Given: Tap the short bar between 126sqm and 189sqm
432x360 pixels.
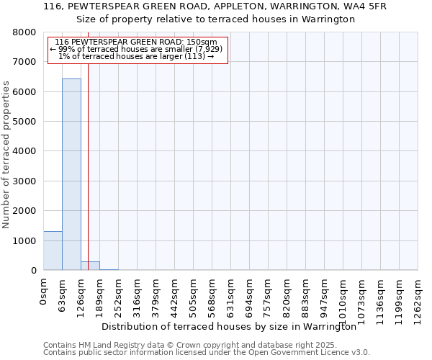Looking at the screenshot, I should click(x=90, y=266).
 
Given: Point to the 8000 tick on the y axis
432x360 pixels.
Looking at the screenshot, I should click(x=25, y=32).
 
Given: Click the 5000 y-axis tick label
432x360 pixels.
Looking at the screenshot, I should click(x=25, y=122).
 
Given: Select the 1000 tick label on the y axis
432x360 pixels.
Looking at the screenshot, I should click(x=25, y=240).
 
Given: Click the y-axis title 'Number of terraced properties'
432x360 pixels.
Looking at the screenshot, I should click(x=6, y=154).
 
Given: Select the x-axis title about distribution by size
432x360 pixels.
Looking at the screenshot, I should click(x=229, y=326).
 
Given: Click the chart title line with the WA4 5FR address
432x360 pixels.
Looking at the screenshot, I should click(x=215, y=6).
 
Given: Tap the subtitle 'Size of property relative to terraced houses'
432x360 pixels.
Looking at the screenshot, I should click(x=215, y=19).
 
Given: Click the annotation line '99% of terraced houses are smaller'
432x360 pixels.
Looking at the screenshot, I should click(x=137, y=49).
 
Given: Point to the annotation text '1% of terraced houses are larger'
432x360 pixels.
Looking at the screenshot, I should click(x=137, y=56).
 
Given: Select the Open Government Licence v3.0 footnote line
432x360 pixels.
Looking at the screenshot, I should click(x=207, y=352).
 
